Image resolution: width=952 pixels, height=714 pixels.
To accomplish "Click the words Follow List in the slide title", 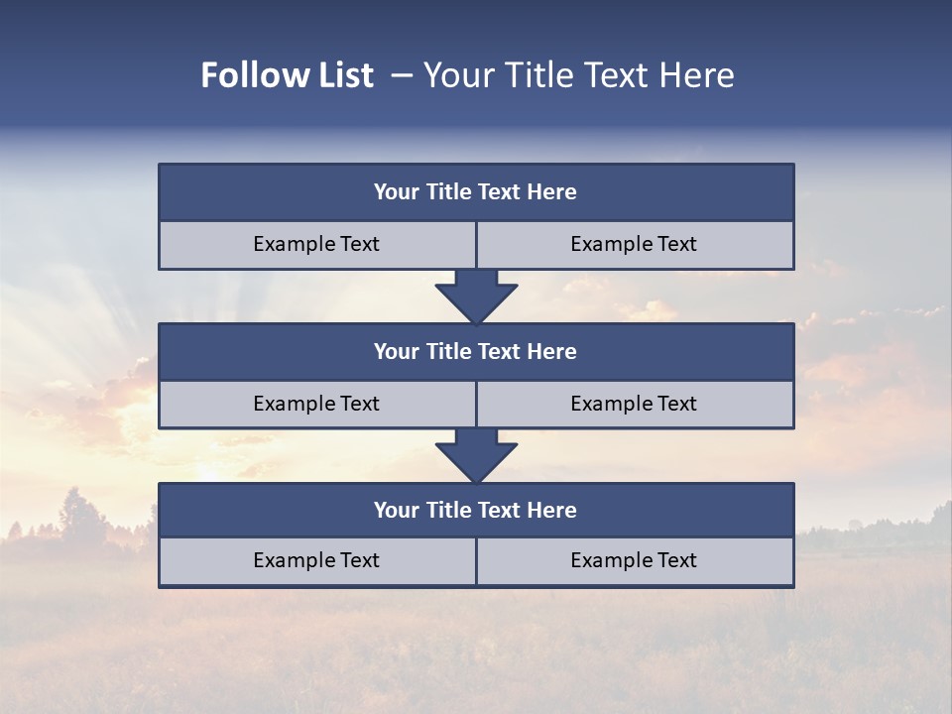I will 287,75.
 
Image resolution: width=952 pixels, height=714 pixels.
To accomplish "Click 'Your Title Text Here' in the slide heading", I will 578,75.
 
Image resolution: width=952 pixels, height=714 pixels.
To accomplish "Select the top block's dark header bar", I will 476,192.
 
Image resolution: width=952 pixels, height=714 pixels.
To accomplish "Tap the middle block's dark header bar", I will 476,352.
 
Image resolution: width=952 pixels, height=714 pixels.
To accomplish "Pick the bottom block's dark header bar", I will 476,511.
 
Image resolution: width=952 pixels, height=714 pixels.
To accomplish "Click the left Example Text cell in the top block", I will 316,245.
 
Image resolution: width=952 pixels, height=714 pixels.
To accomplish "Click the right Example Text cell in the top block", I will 634,245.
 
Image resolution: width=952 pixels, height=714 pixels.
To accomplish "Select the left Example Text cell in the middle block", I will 316,405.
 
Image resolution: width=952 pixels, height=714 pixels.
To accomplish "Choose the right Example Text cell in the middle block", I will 634,405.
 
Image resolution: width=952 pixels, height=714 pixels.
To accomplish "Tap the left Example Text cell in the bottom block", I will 316,561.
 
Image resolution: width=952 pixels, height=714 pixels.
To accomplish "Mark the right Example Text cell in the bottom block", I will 634,561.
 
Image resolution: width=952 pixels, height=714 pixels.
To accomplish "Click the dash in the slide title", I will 402,75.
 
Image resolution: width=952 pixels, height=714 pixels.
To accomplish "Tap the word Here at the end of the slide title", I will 698,75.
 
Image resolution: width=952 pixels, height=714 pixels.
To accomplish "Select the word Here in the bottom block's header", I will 552,511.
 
